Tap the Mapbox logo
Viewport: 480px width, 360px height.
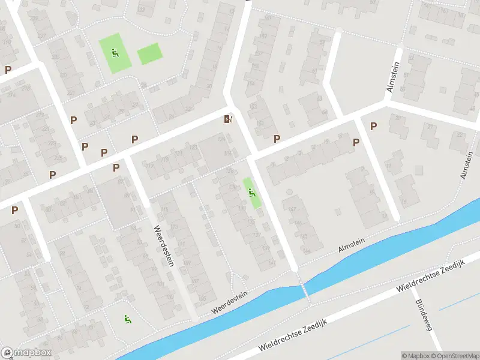click(x=26, y=353)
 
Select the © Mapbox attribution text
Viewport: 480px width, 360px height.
click(x=416, y=356)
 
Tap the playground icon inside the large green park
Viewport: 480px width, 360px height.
click(x=114, y=53)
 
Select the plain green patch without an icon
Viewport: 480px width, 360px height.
click(x=149, y=55)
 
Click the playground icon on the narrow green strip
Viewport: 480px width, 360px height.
click(x=252, y=193)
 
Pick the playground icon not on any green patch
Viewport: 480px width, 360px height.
click(x=127, y=319)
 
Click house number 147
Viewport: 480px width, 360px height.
click(x=293, y=209)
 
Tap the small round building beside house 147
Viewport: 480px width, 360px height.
click(x=289, y=192)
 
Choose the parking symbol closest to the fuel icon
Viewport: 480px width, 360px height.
click(x=277, y=139)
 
